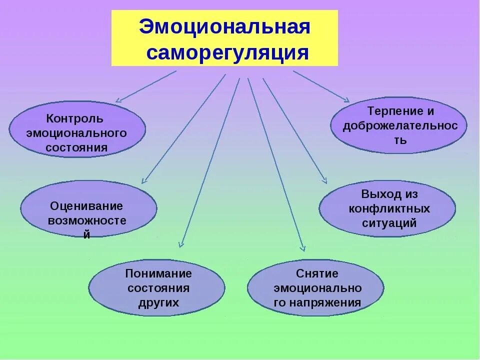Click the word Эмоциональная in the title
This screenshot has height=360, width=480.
[x=224, y=27]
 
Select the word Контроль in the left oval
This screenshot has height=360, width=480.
[x=75, y=119]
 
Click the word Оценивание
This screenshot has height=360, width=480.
[x=86, y=206]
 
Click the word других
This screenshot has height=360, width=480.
[x=158, y=302]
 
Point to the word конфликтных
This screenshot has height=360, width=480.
[x=389, y=208]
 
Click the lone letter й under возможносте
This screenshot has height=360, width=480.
[x=86, y=234]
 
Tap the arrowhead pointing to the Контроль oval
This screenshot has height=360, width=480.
[x=118, y=100]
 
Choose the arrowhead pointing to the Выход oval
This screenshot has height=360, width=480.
[x=324, y=181]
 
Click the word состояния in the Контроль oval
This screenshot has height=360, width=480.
[x=76, y=148]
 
